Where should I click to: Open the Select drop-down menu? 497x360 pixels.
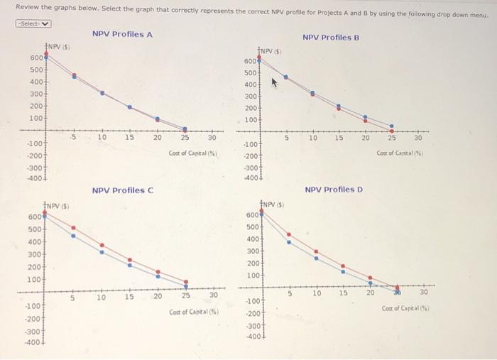[x=35, y=23]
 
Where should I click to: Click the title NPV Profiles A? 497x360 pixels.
[x=122, y=35]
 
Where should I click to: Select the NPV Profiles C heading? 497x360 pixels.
[x=123, y=190]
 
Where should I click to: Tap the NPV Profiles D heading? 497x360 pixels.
[x=334, y=190]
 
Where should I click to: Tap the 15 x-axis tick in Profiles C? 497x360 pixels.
[x=129, y=297]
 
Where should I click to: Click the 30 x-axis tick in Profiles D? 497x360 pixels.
[x=424, y=293]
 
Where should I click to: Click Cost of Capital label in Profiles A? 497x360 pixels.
[x=193, y=153]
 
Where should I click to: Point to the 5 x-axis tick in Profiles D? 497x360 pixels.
[x=290, y=293]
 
